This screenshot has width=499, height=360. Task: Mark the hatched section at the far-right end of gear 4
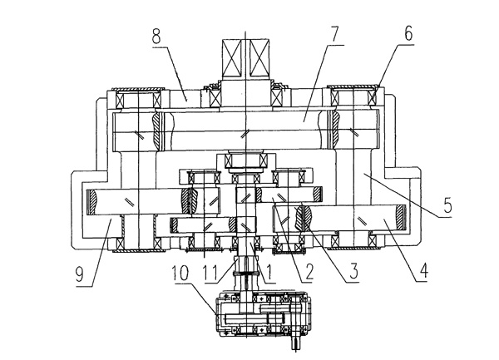[402, 217]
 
